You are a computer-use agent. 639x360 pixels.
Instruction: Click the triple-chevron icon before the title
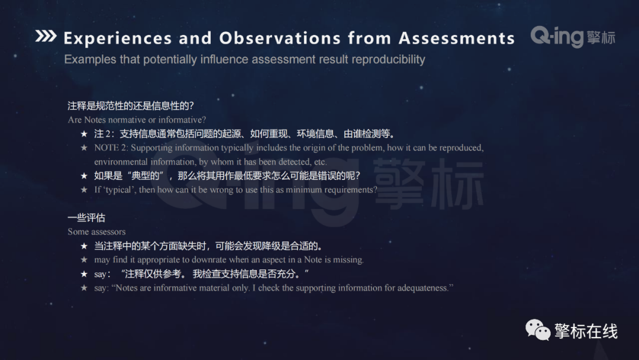coord(46,37)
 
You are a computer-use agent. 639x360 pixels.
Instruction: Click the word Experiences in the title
coord(117,38)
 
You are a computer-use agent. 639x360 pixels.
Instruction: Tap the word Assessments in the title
coord(457,38)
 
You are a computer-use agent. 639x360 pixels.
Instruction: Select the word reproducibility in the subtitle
coord(388,59)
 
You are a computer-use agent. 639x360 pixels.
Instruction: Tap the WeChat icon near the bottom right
coord(538,330)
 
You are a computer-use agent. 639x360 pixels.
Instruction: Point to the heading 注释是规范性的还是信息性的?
coord(131,106)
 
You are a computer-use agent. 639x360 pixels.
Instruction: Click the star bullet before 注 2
coord(84,134)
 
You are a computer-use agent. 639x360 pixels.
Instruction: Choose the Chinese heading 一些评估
coord(86,218)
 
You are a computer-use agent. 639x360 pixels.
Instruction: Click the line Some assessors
coord(96,232)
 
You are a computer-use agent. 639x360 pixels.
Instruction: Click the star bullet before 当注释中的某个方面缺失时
coord(84,246)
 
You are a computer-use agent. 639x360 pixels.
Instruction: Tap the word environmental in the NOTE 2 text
coord(120,162)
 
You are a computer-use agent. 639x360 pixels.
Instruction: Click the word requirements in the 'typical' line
coord(350,189)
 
